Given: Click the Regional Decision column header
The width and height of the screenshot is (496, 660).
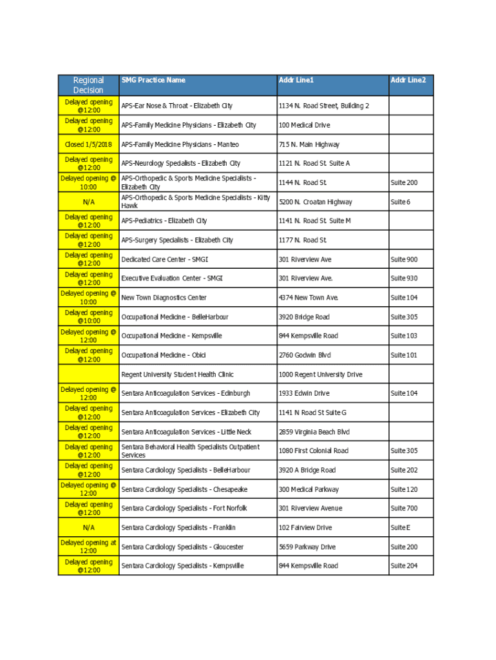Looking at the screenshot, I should pos(88,85).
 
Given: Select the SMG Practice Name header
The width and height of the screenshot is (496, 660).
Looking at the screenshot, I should pos(153,80).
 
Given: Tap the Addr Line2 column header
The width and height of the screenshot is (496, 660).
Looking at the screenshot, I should pos(408,80).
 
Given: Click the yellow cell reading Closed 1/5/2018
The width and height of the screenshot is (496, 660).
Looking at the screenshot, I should pos(88,144).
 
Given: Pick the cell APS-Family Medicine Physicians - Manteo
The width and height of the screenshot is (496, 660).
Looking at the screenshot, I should pos(180,144).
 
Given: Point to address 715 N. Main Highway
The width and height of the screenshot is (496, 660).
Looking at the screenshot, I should pos(309,144).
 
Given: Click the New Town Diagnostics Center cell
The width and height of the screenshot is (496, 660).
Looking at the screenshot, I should pos(164,298).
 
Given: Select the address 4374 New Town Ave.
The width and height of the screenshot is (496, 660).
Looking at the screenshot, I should pos(309,298).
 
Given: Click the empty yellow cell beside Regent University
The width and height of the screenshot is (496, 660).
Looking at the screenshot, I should pos(88,374).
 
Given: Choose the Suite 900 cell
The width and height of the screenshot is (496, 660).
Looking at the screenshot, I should pos(404,260).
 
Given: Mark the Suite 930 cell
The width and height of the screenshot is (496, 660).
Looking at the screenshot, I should pos(404,278).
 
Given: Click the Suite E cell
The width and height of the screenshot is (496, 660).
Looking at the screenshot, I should pos(400,528).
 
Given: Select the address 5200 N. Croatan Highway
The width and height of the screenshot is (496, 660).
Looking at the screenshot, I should pos(315,202).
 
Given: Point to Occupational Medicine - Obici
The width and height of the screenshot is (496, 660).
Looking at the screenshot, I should pos(164,355).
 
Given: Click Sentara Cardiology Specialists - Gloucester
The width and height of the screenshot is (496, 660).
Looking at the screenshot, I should pos(182,547).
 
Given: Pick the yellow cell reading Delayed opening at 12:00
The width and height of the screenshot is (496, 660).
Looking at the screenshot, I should pos(88,547).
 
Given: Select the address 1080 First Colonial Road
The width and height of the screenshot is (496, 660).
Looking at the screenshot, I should pos(313,451).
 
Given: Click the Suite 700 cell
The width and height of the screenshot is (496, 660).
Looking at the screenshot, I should pos(404,509).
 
